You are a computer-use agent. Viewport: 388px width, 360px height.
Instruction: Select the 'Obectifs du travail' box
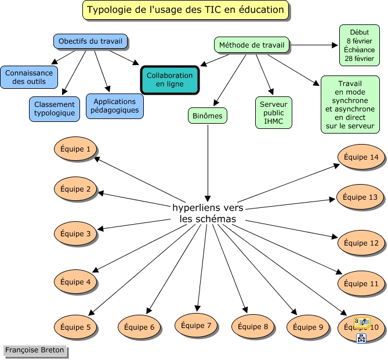coord(90,42)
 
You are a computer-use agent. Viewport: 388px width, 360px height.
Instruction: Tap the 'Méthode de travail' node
coord(252,45)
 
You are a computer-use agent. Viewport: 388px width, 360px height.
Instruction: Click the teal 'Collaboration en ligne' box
coord(169,80)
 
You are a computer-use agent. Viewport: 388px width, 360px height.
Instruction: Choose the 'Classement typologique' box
coord(55,109)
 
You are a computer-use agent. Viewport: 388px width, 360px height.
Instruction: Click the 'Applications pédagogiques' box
coord(114,106)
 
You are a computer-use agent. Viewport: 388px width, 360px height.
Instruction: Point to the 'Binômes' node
coord(208,116)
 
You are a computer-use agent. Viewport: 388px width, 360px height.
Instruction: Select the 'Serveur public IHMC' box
coord(273,112)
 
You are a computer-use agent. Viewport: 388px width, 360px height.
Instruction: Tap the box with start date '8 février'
coord(359,45)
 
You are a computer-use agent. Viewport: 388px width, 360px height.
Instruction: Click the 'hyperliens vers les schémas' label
coord(208,213)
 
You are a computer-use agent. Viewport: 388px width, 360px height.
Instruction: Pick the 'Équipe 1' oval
coord(75,150)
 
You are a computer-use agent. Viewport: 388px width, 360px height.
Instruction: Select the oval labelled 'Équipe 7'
coord(196,325)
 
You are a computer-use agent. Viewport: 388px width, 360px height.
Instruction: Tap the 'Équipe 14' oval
coord(361,157)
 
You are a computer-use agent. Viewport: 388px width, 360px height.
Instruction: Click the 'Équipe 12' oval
coord(361,243)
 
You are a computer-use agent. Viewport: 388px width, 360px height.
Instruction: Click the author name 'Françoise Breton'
coord(34,350)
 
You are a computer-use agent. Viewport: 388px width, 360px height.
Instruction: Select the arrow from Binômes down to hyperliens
coord(208,163)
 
